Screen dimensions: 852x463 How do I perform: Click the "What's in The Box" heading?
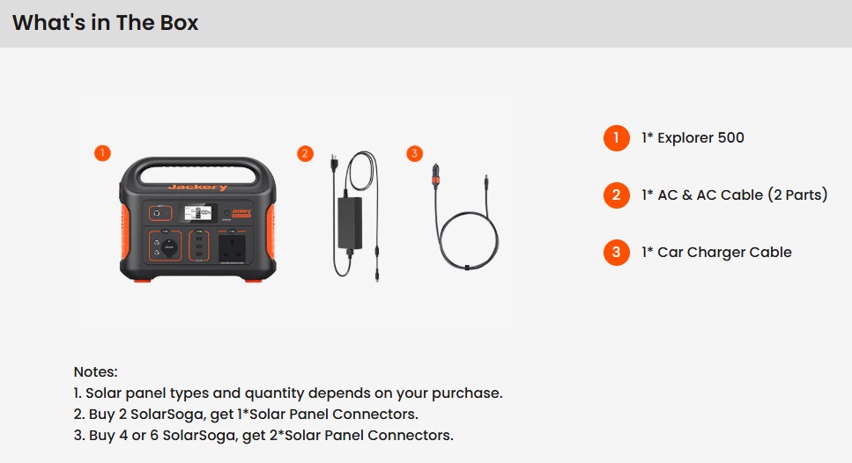106,23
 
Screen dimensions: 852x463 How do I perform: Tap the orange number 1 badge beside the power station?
102,153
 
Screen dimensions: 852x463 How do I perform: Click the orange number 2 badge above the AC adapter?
305,154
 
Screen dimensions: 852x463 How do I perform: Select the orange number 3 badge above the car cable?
415,154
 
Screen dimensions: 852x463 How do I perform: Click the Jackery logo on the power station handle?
197,187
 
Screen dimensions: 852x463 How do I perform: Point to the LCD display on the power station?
197,213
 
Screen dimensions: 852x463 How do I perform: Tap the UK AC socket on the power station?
232,247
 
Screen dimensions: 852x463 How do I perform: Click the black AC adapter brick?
350,223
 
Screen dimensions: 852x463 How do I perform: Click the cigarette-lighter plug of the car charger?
436,175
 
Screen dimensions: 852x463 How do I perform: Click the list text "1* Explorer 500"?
693,138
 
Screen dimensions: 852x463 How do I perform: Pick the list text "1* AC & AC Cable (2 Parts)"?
735,195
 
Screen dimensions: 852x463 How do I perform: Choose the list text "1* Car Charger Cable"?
716,253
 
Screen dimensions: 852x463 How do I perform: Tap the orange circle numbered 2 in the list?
616,195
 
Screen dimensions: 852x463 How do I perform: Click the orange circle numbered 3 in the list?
616,253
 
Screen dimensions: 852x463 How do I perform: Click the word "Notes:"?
96,371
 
